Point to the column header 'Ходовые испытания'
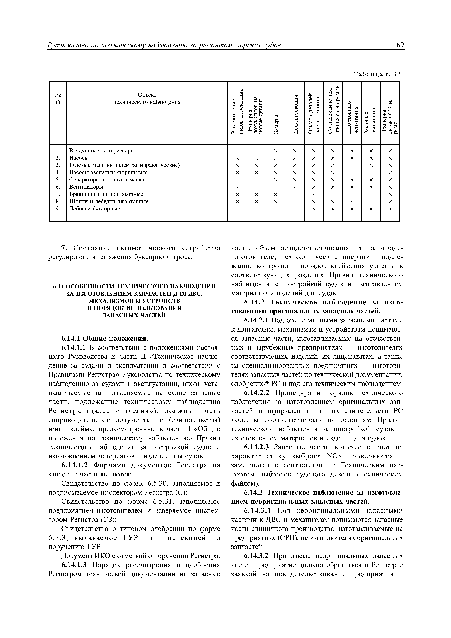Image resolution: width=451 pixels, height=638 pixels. tap(371, 122)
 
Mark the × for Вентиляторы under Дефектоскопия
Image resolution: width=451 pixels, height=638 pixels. tap(295, 187)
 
